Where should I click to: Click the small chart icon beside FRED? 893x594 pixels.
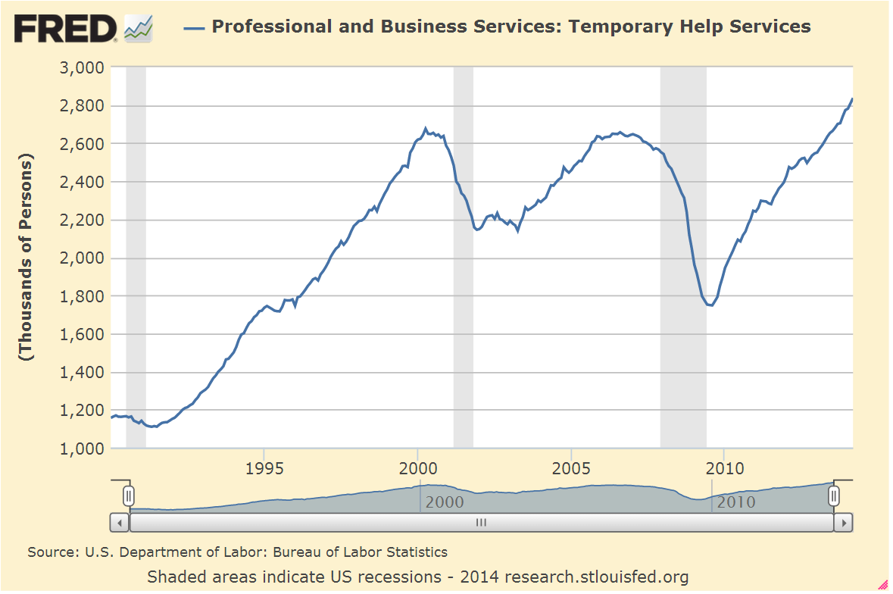coord(139,29)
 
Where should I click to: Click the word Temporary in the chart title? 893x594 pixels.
coord(614,27)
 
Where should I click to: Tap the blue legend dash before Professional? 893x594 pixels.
coord(195,27)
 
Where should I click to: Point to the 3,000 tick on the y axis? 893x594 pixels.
coord(81,67)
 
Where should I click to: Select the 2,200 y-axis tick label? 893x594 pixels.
coord(81,220)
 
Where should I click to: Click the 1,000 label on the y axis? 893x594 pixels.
coord(81,449)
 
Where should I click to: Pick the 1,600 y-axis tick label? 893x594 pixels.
coord(81,334)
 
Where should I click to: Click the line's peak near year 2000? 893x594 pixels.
coord(426,128)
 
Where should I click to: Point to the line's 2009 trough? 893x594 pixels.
coord(710,305)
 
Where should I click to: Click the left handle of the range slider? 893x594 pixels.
coord(129,496)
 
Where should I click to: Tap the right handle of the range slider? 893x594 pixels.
coord(834,496)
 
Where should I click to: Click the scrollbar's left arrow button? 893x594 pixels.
coord(120,523)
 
